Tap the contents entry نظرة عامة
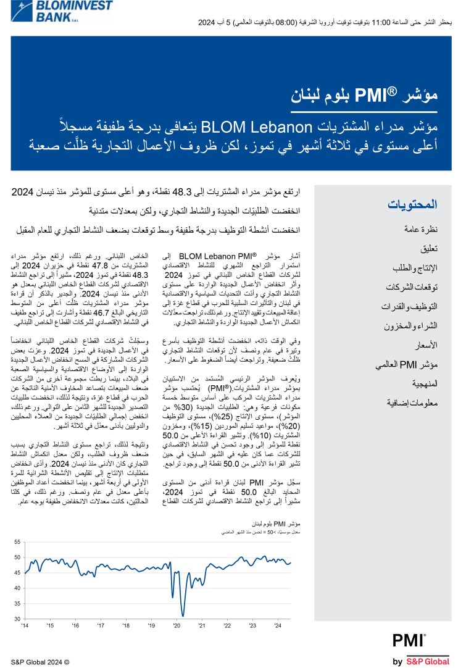pos(420,229)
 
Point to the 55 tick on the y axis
pos(17,542)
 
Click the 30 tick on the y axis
pos(17,619)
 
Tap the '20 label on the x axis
pos(177,626)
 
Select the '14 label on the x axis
pos(24,626)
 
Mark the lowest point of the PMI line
pos(183,615)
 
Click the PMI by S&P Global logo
pos(421,649)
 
